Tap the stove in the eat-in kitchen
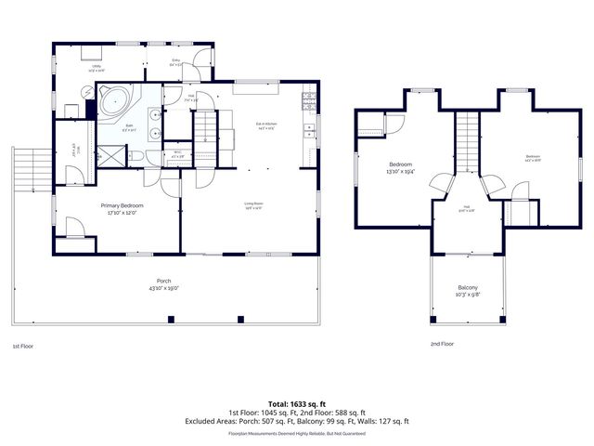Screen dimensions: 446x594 click(308, 99)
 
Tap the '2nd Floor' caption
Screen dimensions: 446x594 click(442, 344)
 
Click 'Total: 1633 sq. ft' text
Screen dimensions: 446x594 click(297, 404)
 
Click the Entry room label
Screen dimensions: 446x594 click(175, 63)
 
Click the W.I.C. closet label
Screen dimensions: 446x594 click(177, 154)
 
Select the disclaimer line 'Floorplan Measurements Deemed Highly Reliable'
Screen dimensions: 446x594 click(297, 433)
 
